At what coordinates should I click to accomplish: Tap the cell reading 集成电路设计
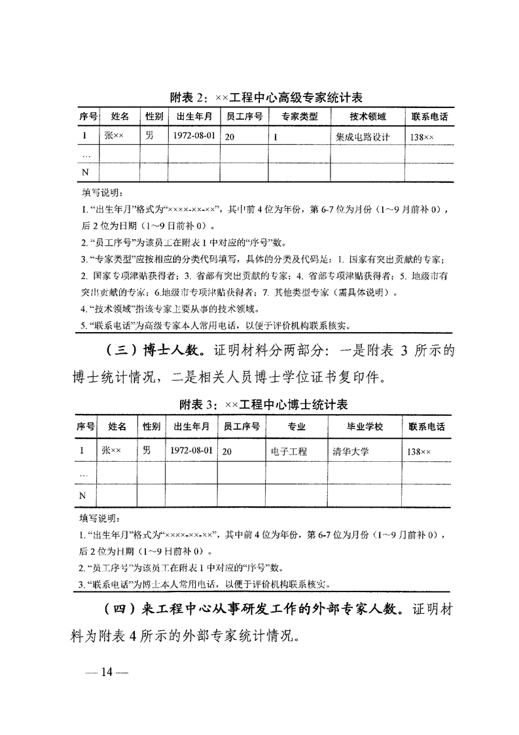tap(362, 138)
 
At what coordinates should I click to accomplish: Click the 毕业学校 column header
tap(365, 427)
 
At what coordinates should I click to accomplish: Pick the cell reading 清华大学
tap(351, 451)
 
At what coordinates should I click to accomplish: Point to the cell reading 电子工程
tap(289, 451)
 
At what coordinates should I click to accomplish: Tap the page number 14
tap(107, 673)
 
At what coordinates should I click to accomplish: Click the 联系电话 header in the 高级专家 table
tap(429, 117)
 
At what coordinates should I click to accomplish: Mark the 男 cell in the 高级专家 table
tap(149, 137)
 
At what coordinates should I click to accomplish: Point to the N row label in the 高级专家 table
tap(84, 172)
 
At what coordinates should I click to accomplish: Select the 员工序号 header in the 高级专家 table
tap(244, 117)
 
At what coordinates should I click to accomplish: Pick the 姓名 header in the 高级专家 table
tap(120, 117)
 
